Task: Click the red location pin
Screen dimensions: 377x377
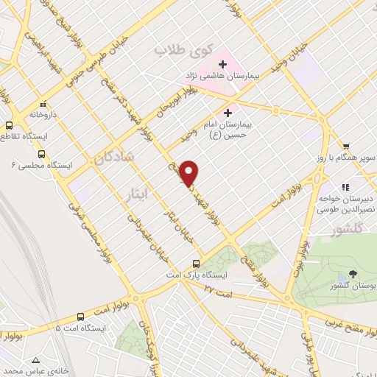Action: pos(189,172)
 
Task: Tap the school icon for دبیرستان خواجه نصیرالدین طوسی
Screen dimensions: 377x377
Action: pos(346,186)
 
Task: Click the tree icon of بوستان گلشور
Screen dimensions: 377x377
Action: pos(354,273)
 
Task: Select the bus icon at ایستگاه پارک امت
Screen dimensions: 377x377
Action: pos(196,264)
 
